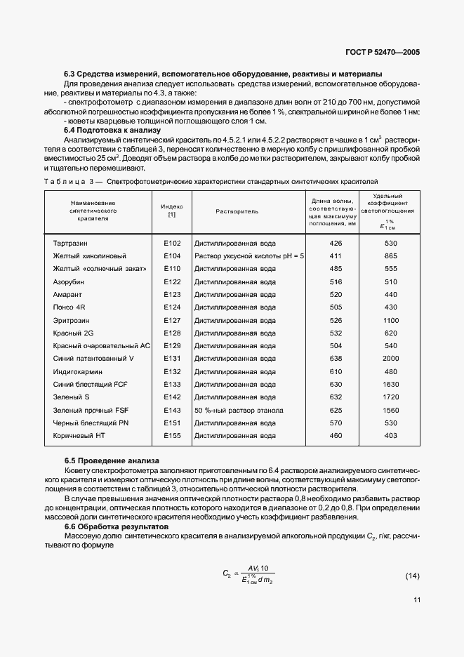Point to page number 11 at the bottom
(418, 600)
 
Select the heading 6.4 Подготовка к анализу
(112, 131)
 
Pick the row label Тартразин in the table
(70, 243)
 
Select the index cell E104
(172, 256)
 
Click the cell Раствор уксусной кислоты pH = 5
(249, 256)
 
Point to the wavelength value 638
(336, 359)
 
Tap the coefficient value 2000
(391, 359)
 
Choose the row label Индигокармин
(77, 371)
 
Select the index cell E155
(172, 436)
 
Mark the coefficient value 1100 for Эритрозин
(391, 320)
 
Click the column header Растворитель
(237, 211)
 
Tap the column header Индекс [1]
(172, 211)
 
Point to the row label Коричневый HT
(79, 436)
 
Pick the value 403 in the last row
(391, 436)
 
